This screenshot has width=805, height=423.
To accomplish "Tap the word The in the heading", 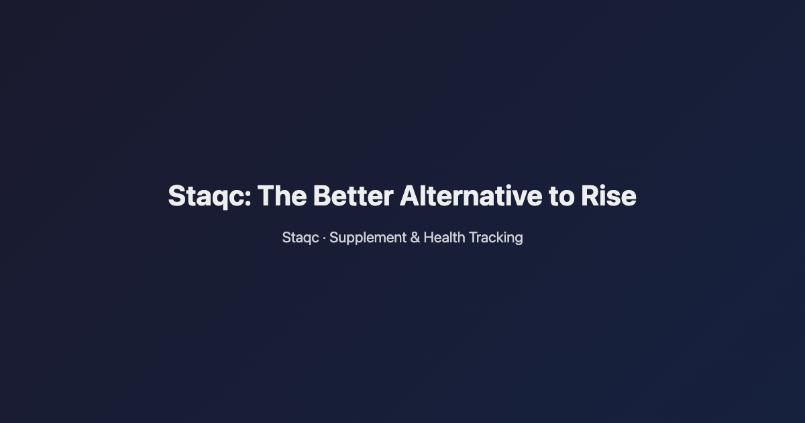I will pyautogui.click(x=282, y=196).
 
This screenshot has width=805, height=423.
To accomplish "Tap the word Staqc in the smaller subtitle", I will pyautogui.click(x=301, y=238).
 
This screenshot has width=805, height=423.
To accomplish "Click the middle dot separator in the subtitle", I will pyautogui.click(x=324, y=238).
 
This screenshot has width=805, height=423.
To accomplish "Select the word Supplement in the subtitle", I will pyautogui.click(x=368, y=238).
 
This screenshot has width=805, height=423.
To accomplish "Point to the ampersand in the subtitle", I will pyautogui.click(x=415, y=238).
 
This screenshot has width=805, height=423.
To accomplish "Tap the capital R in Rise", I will pyautogui.click(x=590, y=196).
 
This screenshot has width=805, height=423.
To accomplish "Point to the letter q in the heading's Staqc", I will pyautogui.click(x=221, y=199).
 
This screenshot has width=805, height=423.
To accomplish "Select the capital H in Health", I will pyautogui.click(x=429, y=238).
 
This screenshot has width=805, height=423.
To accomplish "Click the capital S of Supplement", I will pyautogui.click(x=333, y=238).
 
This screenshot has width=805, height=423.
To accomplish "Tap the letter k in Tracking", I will pyautogui.click(x=498, y=238).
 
